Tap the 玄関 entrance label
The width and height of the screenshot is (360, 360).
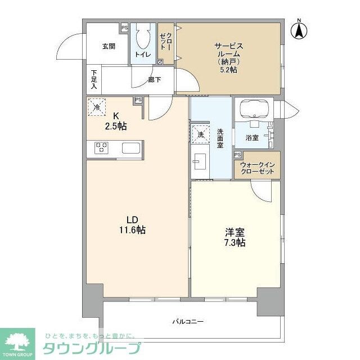tap(109, 47)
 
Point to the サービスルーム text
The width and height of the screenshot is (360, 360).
tap(228, 50)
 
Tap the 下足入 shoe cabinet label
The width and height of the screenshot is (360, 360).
tap(94, 79)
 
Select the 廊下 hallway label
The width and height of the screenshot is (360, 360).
tap(155, 80)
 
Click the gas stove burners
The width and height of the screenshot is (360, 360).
tap(101, 148)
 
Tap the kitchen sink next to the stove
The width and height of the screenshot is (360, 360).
tap(132, 148)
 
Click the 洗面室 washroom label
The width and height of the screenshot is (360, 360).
tap(220, 138)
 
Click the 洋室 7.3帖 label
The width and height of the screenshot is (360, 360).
tap(233, 237)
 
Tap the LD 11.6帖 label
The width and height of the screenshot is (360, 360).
tap(133, 224)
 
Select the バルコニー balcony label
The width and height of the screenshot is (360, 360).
tap(187, 322)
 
